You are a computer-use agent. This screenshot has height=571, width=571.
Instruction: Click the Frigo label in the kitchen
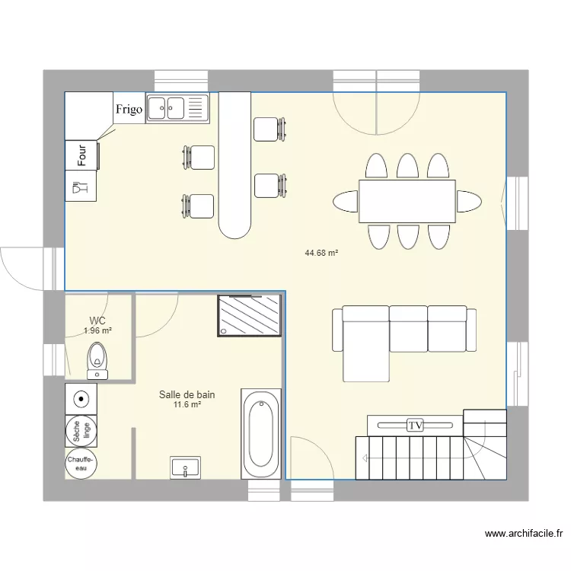pos(129,110)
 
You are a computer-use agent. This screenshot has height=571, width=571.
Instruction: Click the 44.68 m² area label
pos(321,253)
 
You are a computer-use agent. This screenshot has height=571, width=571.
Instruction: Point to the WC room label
pos(97,321)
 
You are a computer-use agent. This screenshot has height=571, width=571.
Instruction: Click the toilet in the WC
pos(97,358)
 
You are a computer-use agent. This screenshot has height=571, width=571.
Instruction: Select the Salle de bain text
pos(187,394)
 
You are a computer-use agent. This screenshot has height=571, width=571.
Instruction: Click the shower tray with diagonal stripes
pos(250,316)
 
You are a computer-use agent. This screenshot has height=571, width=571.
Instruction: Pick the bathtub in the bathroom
pos(261,434)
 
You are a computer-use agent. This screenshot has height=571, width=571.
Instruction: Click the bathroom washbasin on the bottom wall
pos(186,467)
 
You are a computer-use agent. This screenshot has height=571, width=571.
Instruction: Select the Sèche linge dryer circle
pos(81,432)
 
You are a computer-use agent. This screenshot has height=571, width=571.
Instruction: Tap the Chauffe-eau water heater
pos(80,464)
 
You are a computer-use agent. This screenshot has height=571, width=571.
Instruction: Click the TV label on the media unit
pos(415,426)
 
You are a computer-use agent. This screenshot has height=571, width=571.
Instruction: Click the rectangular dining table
pos(407,202)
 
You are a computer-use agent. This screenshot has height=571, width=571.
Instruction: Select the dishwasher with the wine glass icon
pos(81,186)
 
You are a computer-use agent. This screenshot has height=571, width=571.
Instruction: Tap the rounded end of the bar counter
pos(234,225)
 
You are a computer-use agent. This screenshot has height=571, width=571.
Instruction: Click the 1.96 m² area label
pos(97,331)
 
